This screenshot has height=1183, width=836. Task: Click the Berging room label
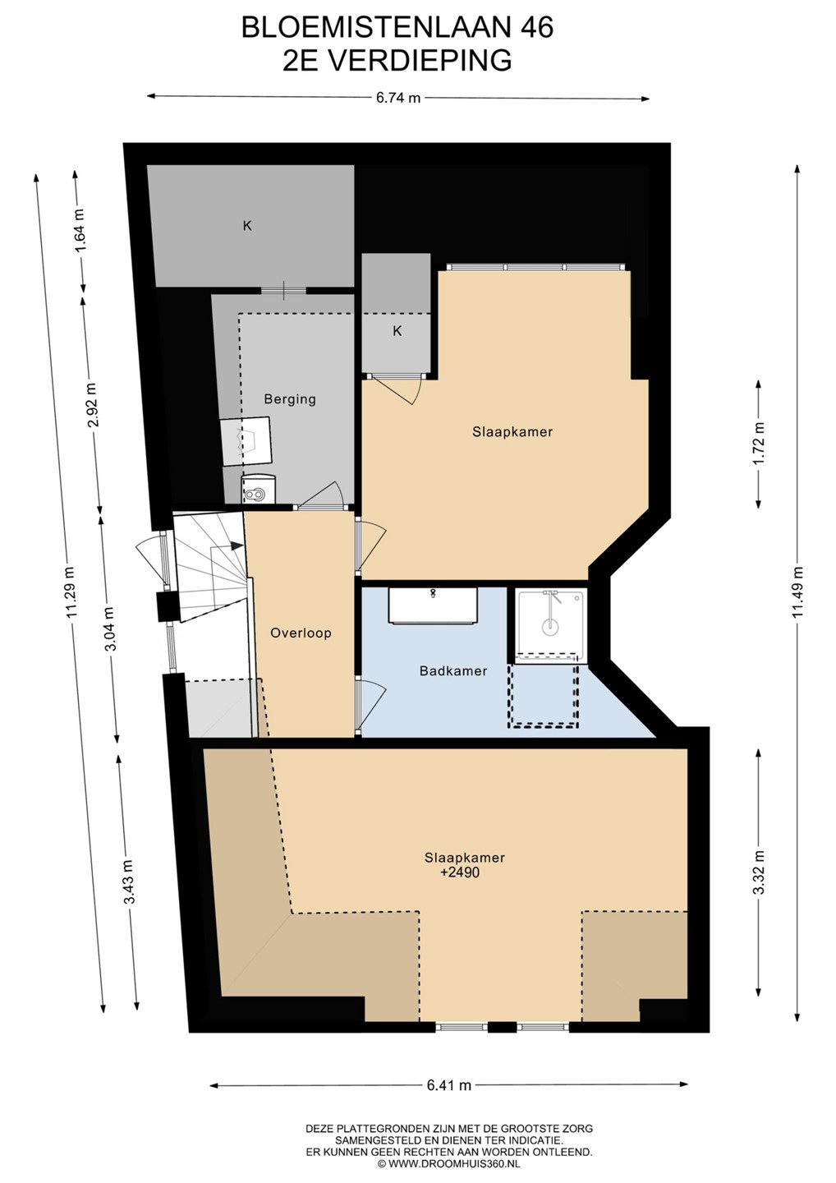(x=290, y=399)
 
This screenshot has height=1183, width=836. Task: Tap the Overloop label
(x=301, y=633)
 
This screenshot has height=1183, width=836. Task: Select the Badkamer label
(x=453, y=670)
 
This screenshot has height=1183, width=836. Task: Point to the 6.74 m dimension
(x=398, y=98)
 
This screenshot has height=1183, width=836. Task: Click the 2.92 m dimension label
(x=93, y=404)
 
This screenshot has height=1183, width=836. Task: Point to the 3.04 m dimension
(x=109, y=628)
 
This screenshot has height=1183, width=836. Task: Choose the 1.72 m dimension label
(x=759, y=443)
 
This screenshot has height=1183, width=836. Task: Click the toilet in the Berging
(x=258, y=490)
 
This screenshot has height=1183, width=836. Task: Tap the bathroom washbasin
(x=434, y=605)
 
